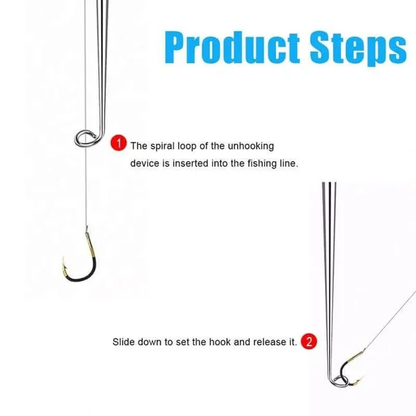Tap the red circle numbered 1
coord(119,144)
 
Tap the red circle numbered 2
coord(309,341)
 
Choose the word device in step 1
coord(146,164)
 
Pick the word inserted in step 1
coord(196,164)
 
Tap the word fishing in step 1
coord(259,164)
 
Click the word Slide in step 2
coord(124,342)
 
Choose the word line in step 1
coord(287,164)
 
